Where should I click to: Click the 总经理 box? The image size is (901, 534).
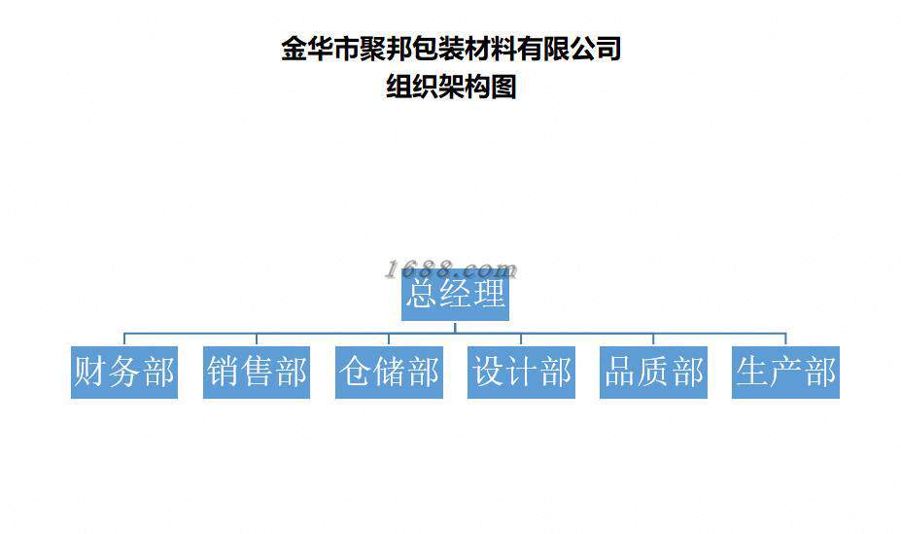(x=455, y=294)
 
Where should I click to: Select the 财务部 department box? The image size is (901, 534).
(x=123, y=372)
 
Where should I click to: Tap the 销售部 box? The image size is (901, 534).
(x=257, y=372)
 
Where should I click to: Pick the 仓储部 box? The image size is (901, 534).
(x=389, y=372)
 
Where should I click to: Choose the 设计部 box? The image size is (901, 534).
(x=521, y=372)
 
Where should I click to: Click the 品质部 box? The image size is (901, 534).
(x=653, y=372)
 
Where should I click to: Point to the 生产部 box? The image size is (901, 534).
(x=785, y=372)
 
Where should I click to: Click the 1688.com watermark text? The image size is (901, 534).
(x=451, y=269)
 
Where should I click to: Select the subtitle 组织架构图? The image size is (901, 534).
(x=451, y=88)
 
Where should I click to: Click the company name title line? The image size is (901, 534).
(x=451, y=49)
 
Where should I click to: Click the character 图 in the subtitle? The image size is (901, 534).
(x=503, y=88)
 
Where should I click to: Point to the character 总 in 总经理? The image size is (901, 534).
(x=422, y=294)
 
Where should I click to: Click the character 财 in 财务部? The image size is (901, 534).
(x=90, y=372)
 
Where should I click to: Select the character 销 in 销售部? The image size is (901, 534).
(x=224, y=372)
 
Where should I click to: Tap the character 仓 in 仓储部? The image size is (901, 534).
(x=356, y=372)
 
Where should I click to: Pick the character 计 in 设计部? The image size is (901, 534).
(x=522, y=372)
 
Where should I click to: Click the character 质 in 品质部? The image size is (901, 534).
(x=654, y=372)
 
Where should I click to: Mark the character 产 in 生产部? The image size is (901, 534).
(x=786, y=372)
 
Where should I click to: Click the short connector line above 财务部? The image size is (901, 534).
(x=123, y=338)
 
